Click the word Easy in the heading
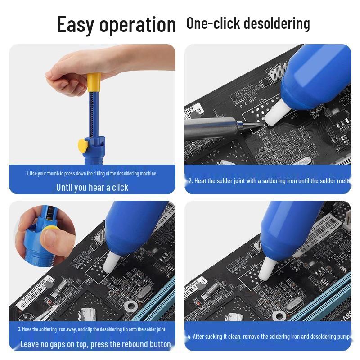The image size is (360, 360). [75, 24]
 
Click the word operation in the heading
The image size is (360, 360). [138, 25]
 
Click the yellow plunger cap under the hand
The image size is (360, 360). [93, 82]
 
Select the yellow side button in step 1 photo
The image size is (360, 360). [83, 145]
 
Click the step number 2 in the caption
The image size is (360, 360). [190, 181]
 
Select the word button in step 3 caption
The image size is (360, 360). [158, 344]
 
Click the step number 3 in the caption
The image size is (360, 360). [19, 329]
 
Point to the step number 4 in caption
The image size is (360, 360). [189, 337]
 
